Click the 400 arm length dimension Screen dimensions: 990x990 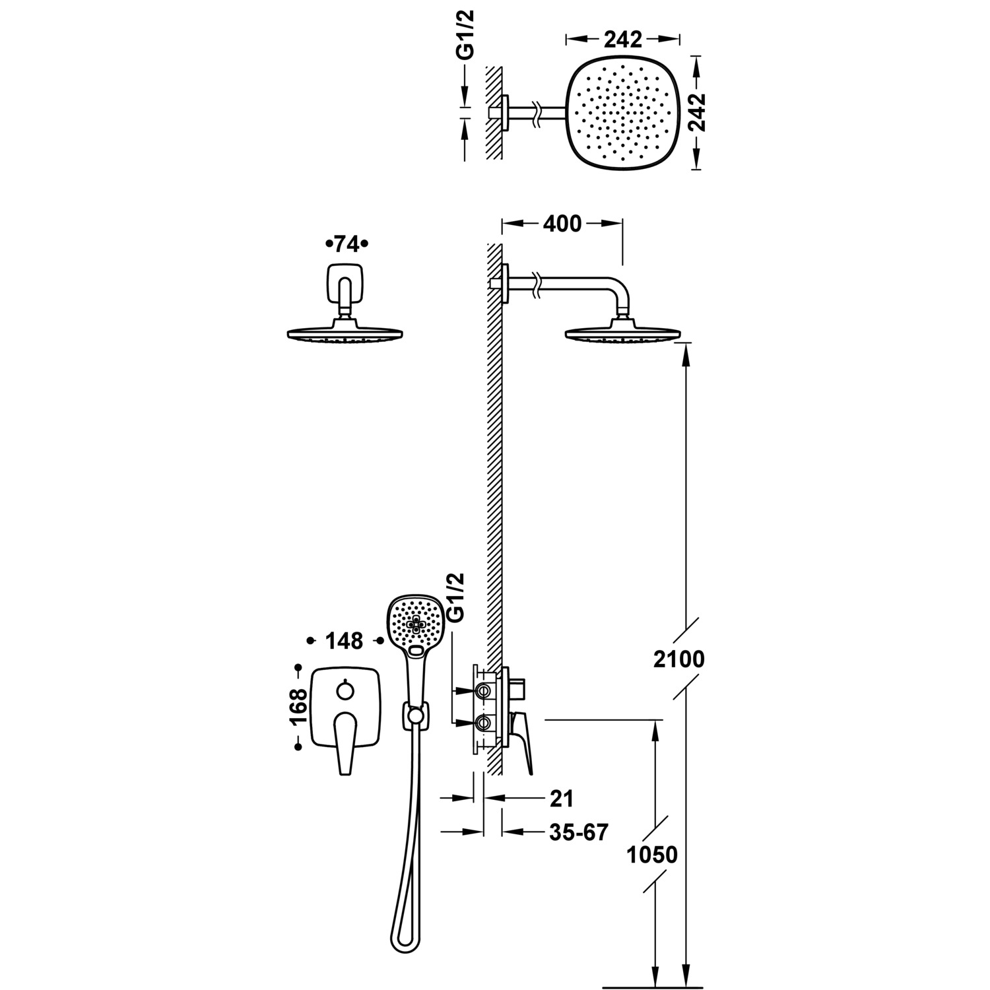pos(562,224)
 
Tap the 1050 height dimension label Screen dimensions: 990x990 pos(652,855)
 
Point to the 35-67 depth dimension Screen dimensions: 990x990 pos(578,832)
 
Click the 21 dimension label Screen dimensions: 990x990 pos(561,798)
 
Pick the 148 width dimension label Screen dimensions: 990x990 pos(345,640)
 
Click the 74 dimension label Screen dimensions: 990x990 pos(346,244)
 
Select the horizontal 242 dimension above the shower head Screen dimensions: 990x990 pos(622,40)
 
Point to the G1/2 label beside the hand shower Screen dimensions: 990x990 pos(456,597)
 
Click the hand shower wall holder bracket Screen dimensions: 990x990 pos(414,715)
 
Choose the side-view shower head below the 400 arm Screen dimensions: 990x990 pos(620,333)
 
